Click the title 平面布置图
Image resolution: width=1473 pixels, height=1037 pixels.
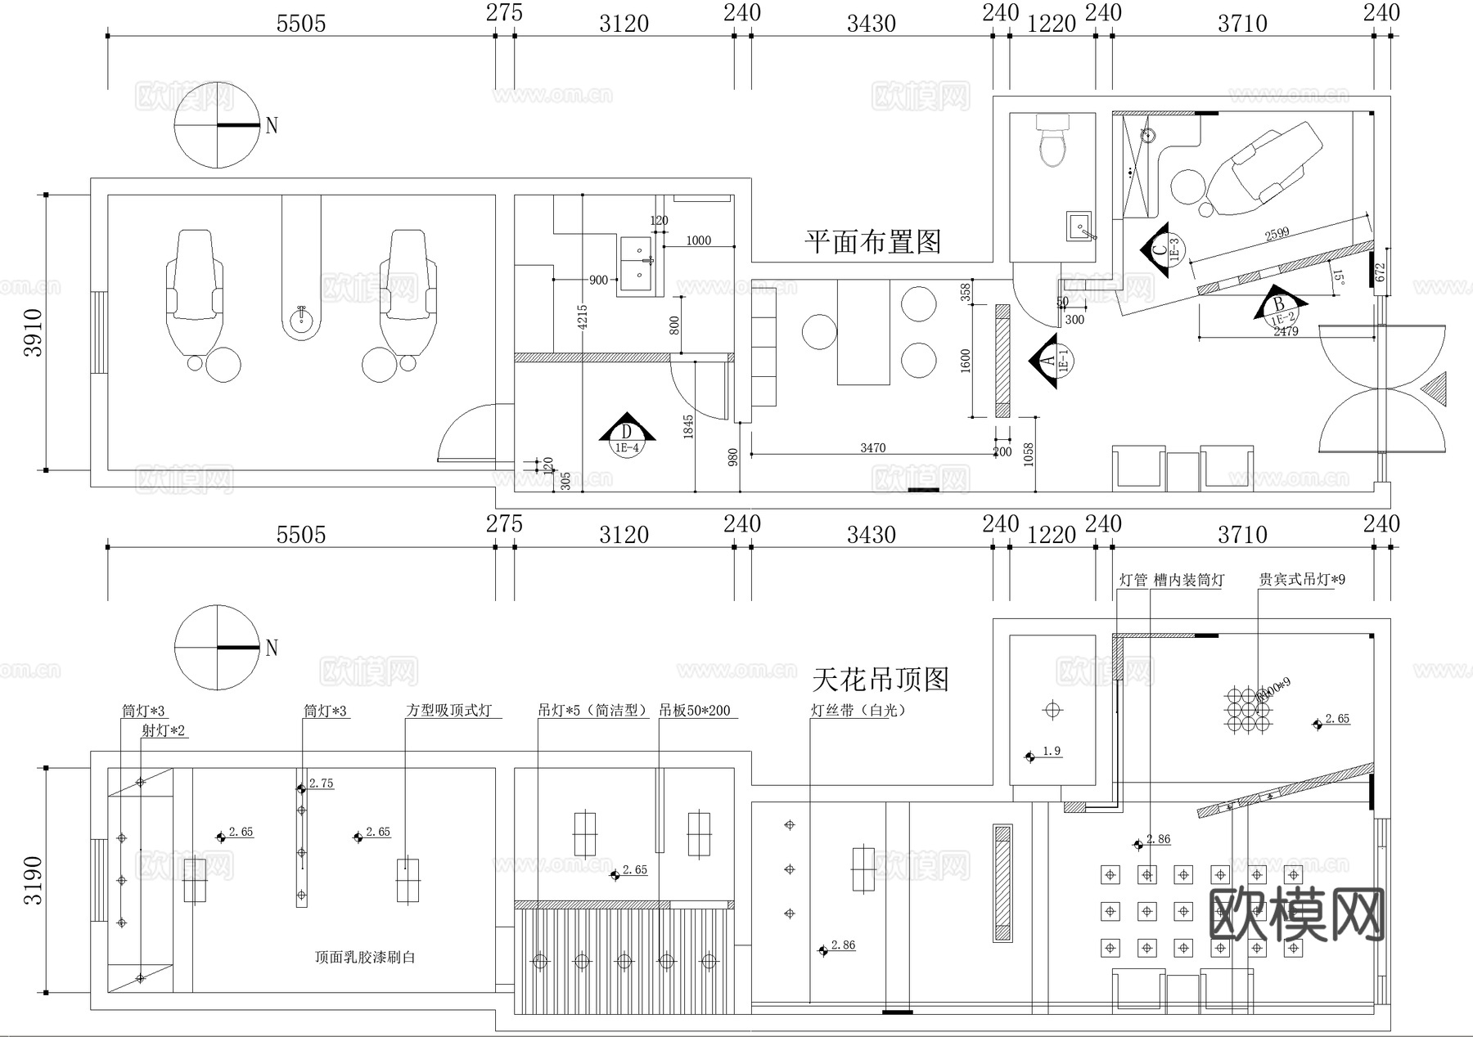coord(872,242)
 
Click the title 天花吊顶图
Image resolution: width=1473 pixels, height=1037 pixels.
coord(881,680)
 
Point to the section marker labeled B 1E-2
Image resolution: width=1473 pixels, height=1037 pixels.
coord(1279,308)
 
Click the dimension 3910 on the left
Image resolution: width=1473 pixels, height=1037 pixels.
coord(34,332)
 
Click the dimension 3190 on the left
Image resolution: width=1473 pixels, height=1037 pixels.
coord(34,880)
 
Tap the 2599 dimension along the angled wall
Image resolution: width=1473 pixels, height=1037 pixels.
coord(1277,234)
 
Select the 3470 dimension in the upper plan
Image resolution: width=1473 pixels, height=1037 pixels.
coord(872,447)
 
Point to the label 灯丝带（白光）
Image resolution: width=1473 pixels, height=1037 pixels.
coord(859,711)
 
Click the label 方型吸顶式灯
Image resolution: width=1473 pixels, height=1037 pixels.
coord(449,711)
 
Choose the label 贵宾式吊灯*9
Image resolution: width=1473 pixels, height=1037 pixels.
coord(1302,580)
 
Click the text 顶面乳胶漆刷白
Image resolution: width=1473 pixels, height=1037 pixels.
coord(365,957)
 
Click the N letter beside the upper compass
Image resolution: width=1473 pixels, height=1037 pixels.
coord(272,126)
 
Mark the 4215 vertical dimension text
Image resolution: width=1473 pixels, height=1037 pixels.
coord(583,316)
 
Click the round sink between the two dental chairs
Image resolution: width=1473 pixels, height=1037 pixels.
coord(302,317)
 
